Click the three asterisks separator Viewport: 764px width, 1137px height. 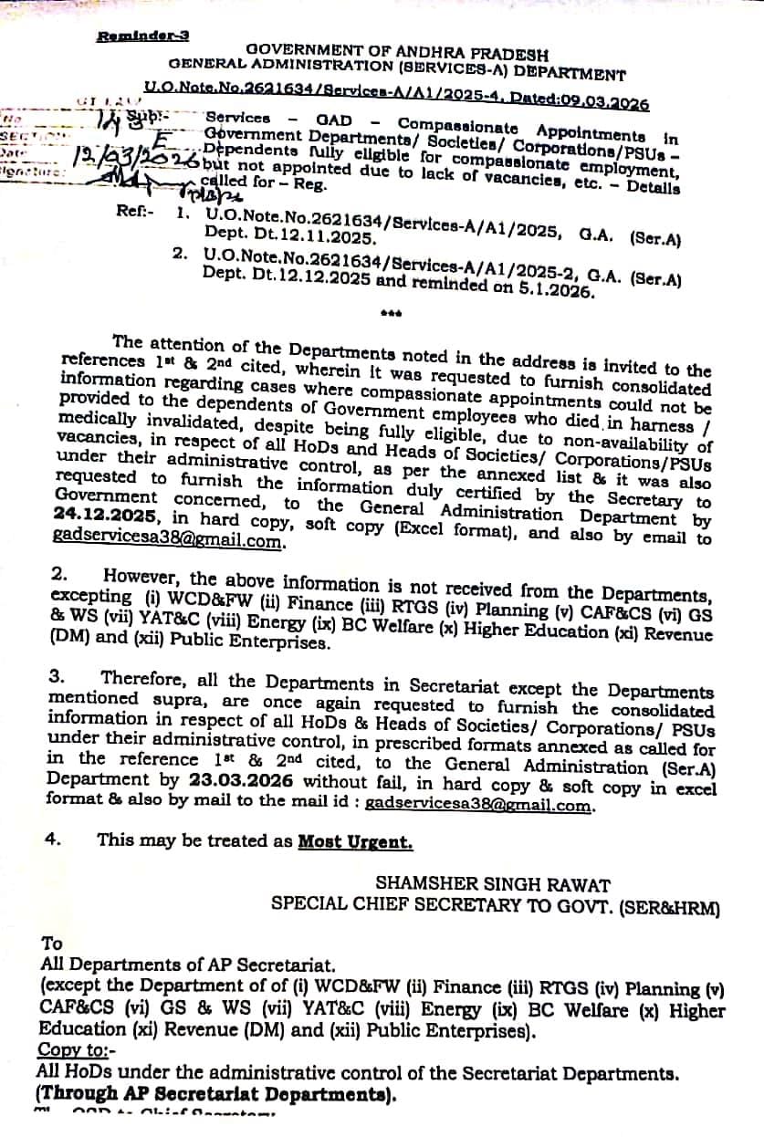[x=392, y=316]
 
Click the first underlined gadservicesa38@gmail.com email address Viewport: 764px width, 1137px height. [x=169, y=539]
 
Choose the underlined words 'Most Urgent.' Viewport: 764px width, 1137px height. [x=355, y=841]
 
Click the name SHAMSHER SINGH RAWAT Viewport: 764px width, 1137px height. [x=493, y=884]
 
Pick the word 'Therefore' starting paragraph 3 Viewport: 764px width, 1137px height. [x=141, y=676]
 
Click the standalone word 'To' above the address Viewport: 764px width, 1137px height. [x=51, y=944]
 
